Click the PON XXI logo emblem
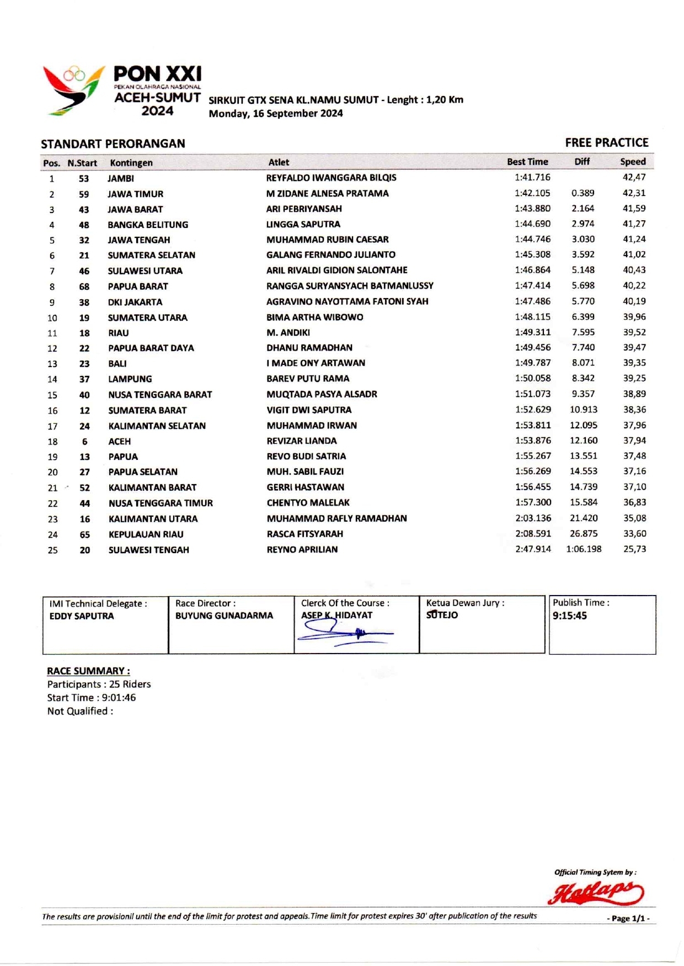[x=73, y=90]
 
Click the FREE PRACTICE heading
[x=606, y=143]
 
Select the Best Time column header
[x=527, y=162]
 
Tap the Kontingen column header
[x=131, y=163]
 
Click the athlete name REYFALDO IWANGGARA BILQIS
[x=331, y=178]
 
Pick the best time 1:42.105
[x=532, y=193]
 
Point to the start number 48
[x=84, y=225]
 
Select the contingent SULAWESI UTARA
[x=145, y=271]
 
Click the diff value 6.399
[x=583, y=317]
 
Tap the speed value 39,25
[x=634, y=379]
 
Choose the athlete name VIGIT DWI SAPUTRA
[x=309, y=410]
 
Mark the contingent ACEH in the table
[x=120, y=442]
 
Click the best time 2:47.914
[x=533, y=549]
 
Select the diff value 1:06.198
[x=584, y=549]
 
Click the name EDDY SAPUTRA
[x=82, y=616]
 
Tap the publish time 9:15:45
[x=570, y=616]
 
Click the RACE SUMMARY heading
[x=88, y=671]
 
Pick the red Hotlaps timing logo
[x=596, y=893]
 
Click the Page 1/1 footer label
[x=628, y=919]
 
